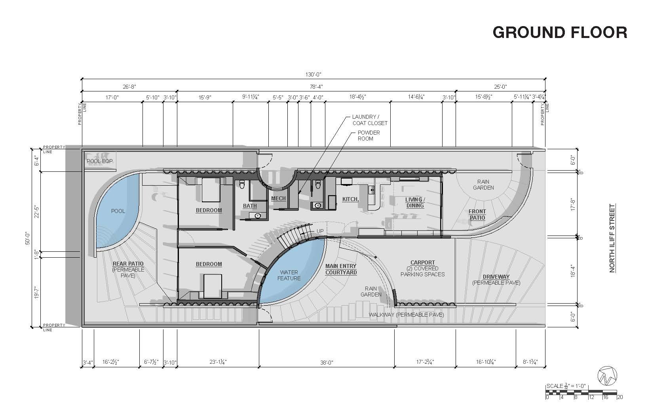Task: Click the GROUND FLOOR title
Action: pos(559,32)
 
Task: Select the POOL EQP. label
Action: pos(100,161)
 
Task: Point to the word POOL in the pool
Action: pos(118,211)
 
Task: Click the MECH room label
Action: pos(278,198)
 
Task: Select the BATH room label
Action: pos(250,206)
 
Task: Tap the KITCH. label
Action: pos(350,199)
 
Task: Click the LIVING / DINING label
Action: pos(415,202)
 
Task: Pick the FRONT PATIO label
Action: pos(477,215)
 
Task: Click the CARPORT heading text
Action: pos(422,262)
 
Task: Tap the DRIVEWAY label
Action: pos(496,277)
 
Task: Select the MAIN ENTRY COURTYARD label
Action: pos(341,269)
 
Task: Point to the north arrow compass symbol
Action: pos(608,375)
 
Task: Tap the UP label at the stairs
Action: pos(320,231)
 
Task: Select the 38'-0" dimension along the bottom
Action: pos(327,362)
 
